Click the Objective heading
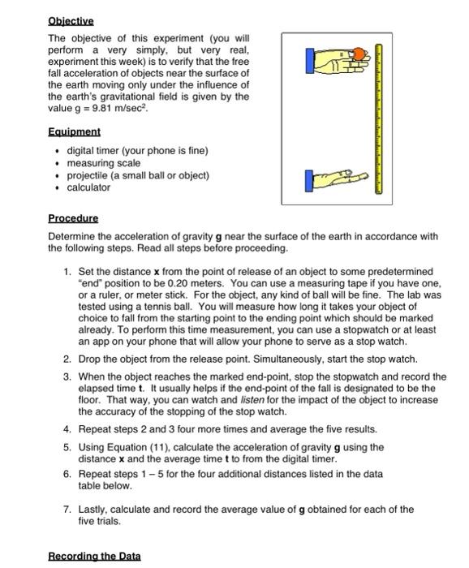(x=71, y=21)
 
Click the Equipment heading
(x=74, y=131)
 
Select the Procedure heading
(x=73, y=218)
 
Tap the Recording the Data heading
(x=94, y=556)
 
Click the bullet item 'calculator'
(x=88, y=187)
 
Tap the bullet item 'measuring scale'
(x=103, y=163)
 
